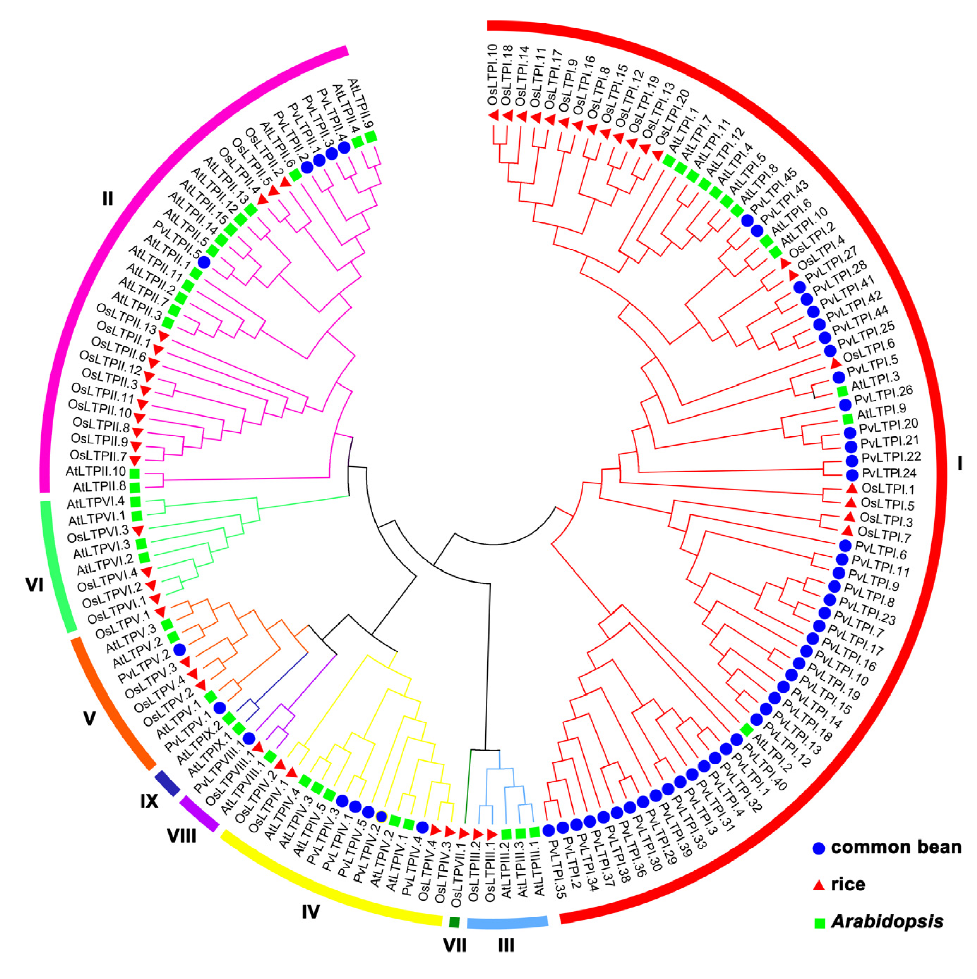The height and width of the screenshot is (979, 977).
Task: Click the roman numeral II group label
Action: (107, 199)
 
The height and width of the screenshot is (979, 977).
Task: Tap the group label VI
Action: (35, 586)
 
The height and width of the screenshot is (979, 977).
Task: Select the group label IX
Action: (149, 801)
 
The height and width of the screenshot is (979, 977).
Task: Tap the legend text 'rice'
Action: (849, 884)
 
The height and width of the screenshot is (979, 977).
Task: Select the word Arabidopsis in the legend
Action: (887, 921)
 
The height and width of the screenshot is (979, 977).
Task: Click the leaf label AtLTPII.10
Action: (96, 471)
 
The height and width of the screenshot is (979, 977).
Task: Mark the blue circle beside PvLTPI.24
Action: (852, 475)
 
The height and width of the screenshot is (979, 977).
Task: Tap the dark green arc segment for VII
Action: (454, 922)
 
